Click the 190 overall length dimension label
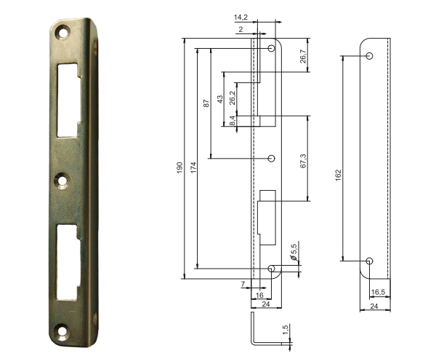tap(179, 167)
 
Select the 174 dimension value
tap(193, 167)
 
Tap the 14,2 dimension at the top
tap(241, 17)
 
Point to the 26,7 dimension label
tap(303, 57)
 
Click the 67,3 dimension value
tap(303, 161)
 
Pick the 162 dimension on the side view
tap(338, 175)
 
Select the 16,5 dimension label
tap(378, 292)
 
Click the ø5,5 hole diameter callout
tap(294, 251)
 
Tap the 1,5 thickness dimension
tap(286, 330)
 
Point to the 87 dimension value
tap(206, 103)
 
